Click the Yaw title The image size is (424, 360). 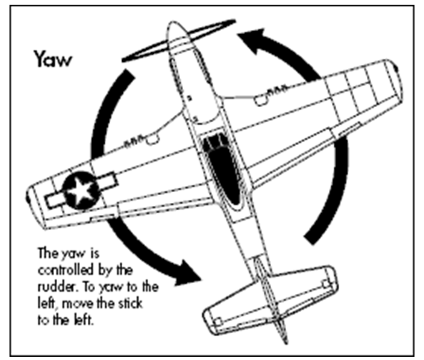(53, 59)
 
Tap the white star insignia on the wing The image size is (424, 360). (81, 190)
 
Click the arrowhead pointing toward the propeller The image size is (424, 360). (253, 39)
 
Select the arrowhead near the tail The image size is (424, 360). (187, 274)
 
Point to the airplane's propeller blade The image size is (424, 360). (178, 40)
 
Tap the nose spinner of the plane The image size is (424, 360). (176, 31)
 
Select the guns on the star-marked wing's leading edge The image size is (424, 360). (135, 141)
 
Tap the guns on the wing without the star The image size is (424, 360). (277, 90)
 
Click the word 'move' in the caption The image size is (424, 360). (78, 304)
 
